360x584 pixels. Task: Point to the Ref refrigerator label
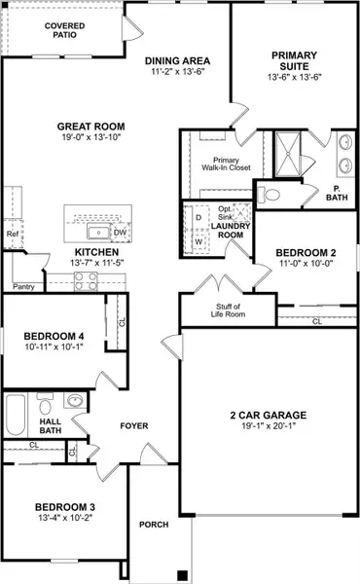coord(13,234)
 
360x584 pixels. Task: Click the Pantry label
coord(24,287)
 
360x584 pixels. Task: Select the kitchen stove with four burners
coord(85,281)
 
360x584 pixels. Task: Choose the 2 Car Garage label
coord(271,412)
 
